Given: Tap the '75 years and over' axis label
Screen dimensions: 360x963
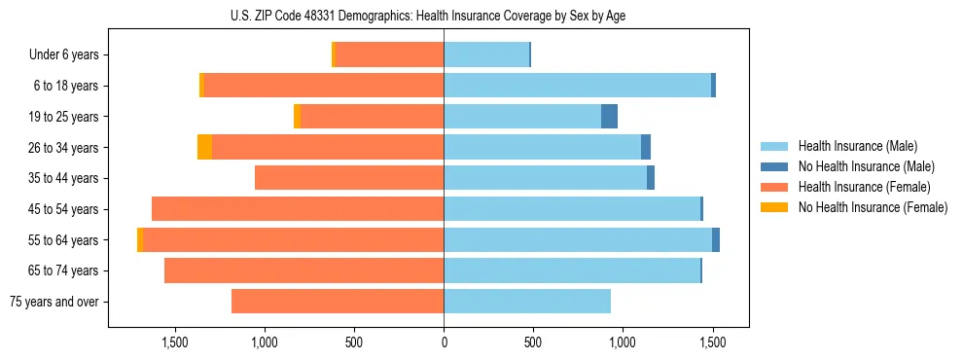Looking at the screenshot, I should click(53, 302).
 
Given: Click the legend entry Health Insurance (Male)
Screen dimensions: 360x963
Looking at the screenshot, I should click(857, 146).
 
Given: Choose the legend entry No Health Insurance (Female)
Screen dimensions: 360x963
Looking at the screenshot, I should click(873, 207).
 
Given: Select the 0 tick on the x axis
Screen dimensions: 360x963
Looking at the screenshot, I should click(444, 342).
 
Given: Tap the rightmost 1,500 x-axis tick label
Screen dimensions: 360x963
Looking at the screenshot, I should click(712, 342).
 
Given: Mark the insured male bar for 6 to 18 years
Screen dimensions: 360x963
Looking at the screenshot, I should click(577, 86).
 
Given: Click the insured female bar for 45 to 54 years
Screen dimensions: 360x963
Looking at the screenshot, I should click(298, 209).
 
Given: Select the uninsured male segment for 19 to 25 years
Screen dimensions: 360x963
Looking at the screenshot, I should click(609, 117).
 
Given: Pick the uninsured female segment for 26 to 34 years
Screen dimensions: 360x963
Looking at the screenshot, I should click(204, 148).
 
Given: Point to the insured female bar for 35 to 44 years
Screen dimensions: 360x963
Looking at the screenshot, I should click(349, 178).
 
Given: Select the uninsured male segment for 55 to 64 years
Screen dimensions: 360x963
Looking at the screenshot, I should click(716, 240).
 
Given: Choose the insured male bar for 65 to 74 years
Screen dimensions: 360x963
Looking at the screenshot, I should click(572, 270).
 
